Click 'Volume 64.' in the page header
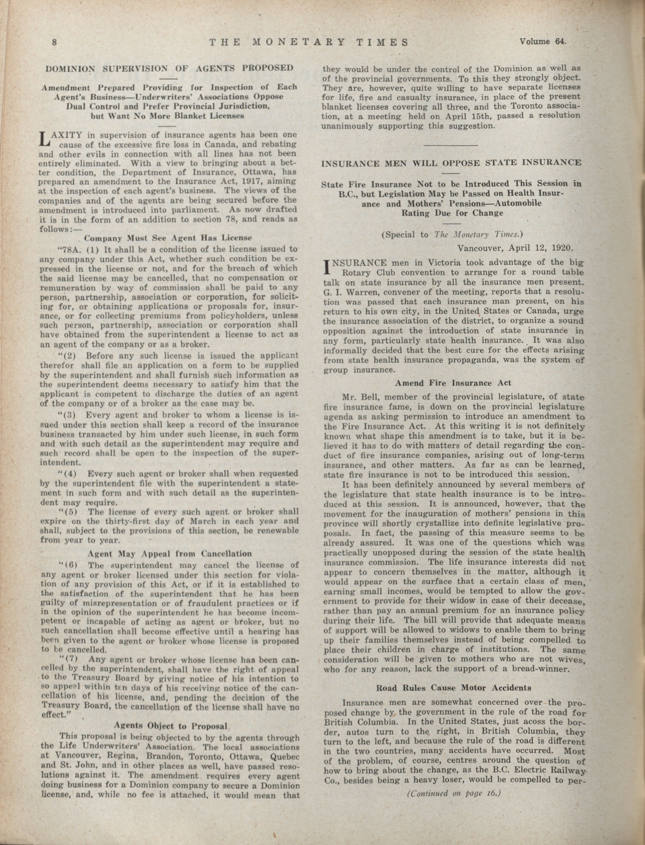(x=543, y=42)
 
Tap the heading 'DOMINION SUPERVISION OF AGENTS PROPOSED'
(x=169, y=69)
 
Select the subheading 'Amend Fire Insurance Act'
(x=453, y=383)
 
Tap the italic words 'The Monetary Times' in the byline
(x=478, y=235)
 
